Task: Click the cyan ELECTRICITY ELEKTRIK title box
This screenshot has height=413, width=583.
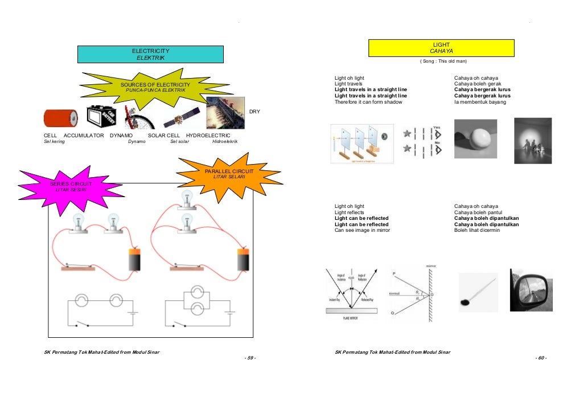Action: tap(150, 54)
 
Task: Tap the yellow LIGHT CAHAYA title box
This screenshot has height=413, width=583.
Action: tap(441, 48)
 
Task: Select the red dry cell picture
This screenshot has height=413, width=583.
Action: tap(60, 118)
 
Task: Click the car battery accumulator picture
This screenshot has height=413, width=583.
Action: tap(102, 117)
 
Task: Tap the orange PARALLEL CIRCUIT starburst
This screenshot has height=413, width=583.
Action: tap(229, 174)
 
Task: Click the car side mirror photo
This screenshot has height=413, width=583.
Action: tap(530, 290)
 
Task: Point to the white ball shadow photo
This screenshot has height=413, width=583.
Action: tap(475, 138)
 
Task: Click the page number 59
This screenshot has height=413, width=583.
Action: tap(249, 358)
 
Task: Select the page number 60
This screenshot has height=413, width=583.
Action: tap(541, 358)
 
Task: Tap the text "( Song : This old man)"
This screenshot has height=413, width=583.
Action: tap(442, 61)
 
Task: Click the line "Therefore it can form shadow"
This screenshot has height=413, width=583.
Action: tap(368, 102)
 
